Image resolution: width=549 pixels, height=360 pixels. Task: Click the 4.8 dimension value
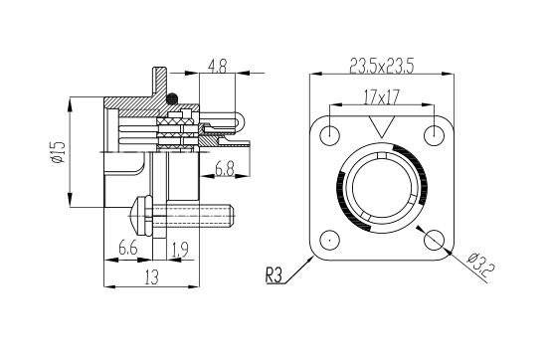pyautogui.click(x=217, y=66)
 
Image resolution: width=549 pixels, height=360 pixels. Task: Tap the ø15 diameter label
pyautogui.click(x=58, y=152)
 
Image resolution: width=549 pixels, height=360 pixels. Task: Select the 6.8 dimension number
pyautogui.click(x=224, y=168)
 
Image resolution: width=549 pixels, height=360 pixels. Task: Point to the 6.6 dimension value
pyautogui.click(x=127, y=249)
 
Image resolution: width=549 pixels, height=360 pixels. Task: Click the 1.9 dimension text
pyautogui.click(x=180, y=250)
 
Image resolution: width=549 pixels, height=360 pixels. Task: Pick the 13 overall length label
pyautogui.click(x=151, y=276)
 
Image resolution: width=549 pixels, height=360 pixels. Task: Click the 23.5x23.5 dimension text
pyautogui.click(x=382, y=66)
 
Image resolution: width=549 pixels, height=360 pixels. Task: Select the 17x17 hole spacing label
pyautogui.click(x=381, y=96)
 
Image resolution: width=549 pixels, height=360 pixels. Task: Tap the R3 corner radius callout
pyautogui.click(x=274, y=275)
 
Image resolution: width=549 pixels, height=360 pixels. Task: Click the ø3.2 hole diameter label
pyautogui.click(x=480, y=265)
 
